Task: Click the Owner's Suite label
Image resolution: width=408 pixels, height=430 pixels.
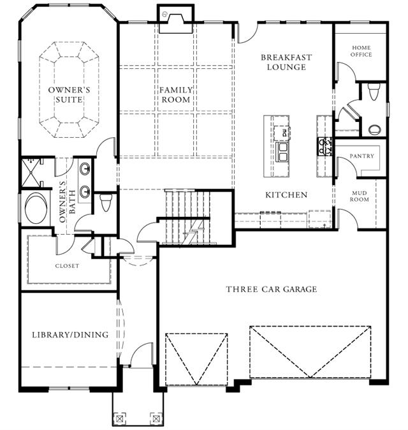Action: [x=69, y=94]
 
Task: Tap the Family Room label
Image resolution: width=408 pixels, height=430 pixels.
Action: [x=176, y=94]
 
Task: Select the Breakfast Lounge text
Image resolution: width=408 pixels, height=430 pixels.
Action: [x=286, y=63]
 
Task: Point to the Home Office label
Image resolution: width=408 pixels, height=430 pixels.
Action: [x=361, y=51]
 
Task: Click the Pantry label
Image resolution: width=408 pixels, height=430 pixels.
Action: [x=361, y=156]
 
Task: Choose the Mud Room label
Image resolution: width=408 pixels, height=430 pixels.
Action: [x=359, y=196]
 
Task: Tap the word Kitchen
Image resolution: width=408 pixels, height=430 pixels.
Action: [x=286, y=195]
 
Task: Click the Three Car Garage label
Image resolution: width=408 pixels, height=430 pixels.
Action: [x=272, y=289]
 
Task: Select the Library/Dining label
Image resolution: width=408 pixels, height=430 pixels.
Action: [x=70, y=335]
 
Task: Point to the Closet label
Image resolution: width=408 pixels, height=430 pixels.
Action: [x=67, y=266]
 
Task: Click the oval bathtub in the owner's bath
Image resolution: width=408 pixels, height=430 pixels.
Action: [x=36, y=208]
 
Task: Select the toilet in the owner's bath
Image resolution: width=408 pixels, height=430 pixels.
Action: [x=105, y=202]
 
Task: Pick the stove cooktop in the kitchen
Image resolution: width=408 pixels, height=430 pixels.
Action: [x=324, y=147]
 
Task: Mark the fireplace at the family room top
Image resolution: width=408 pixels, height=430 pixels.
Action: [x=176, y=19]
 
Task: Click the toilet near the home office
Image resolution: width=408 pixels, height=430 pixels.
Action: [x=373, y=92]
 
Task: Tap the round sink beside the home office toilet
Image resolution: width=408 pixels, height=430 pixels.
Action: [x=375, y=130]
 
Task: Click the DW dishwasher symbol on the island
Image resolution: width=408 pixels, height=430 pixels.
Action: [x=282, y=133]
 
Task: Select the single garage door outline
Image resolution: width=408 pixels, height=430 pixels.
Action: [x=196, y=359]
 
